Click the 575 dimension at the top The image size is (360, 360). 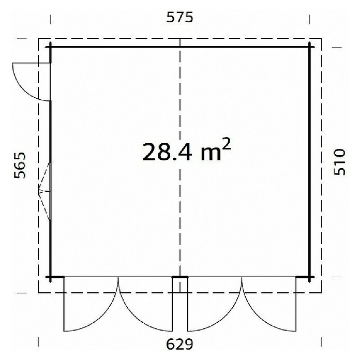click(180, 18)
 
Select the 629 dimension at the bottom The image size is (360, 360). click(180, 344)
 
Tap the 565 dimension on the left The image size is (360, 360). click(20, 165)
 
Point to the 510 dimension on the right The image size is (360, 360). click(339, 162)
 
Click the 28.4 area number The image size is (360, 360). click(167, 152)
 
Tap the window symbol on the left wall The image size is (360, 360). click(45, 191)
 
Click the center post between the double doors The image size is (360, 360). click(180, 277)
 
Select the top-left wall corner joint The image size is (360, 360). click(50, 47)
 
